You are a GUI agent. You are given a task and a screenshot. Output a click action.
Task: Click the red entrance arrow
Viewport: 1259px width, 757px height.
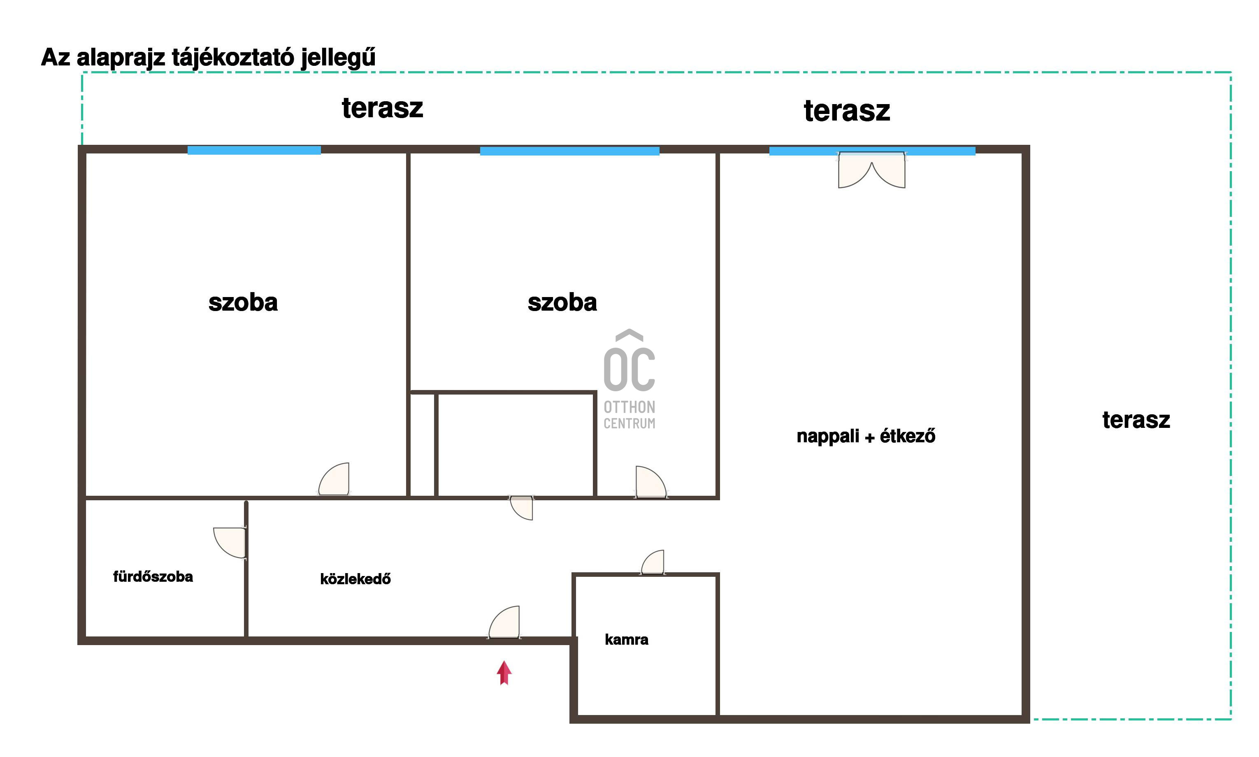(504, 673)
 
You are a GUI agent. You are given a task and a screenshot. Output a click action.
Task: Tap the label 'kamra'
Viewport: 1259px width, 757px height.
(627, 640)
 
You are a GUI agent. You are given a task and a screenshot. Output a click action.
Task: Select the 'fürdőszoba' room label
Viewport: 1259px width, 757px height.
(153, 576)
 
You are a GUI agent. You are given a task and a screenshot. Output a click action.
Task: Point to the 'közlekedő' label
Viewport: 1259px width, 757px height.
(355, 579)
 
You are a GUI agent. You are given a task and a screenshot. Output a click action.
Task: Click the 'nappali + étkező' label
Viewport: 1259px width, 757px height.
(866, 437)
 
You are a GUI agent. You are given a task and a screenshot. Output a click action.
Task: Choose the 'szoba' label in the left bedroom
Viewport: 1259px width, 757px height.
(243, 302)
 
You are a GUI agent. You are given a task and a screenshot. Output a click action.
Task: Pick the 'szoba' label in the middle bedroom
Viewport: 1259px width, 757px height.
(562, 302)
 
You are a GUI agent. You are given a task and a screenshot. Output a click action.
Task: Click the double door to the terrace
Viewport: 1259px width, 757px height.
(872, 170)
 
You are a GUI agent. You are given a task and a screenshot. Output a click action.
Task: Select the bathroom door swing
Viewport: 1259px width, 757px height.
(230, 543)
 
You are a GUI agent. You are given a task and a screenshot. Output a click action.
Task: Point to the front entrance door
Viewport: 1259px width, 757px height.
(504, 622)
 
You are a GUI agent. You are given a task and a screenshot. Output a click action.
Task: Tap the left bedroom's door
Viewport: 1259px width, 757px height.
(334, 479)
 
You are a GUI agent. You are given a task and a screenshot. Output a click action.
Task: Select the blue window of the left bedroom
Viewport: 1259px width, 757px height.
(254, 150)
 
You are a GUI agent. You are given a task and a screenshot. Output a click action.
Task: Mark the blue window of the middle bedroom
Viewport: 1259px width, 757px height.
(569, 151)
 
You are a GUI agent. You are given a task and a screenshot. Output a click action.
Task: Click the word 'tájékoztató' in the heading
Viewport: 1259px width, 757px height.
(233, 57)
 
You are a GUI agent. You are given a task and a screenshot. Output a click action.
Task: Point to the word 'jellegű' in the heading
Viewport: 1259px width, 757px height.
(338, 57)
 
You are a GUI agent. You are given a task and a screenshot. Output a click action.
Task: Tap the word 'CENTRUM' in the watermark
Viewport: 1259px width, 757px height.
(629, 423)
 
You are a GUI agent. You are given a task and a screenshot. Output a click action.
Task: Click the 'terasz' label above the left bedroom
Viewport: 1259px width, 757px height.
(383, 108)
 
